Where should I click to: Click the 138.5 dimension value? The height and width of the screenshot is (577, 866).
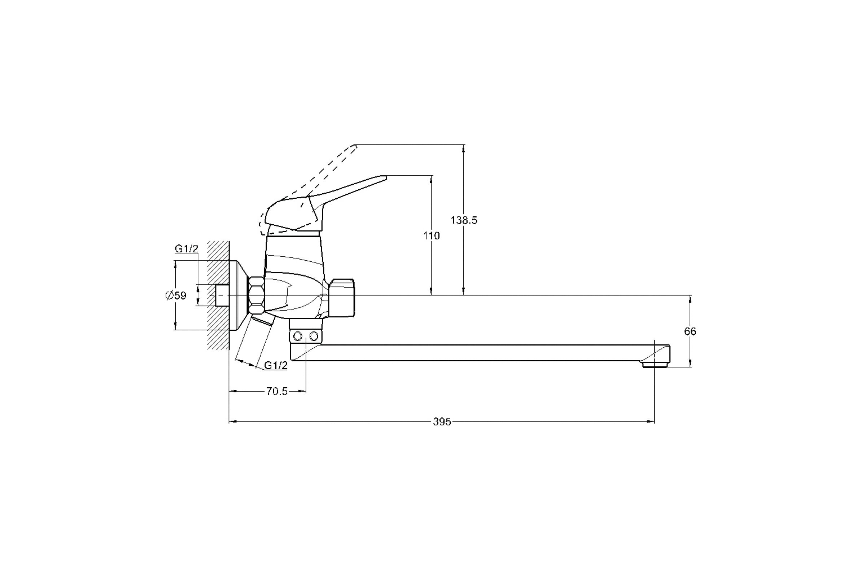click(x=464, y=220)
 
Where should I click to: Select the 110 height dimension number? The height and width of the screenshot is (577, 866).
click(x=431, y=236)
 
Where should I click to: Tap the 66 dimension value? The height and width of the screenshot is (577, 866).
click(x=690, y=331)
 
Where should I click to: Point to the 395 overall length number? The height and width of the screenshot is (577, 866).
click(x=442, y=422)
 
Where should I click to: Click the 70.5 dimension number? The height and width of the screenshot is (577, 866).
click(x=277, y=392)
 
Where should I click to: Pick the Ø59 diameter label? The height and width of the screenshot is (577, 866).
click(x=176, y=295)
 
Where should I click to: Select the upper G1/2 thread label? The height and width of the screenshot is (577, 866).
click(x=186, y=249)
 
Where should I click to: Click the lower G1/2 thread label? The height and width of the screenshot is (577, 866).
click(x=276, y=365)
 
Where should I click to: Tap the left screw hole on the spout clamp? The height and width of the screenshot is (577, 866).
click(x=298, y=336)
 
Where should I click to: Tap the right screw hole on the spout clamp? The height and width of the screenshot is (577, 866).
click(x=314, y=336)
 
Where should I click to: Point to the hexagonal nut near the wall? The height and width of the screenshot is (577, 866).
click(x=257, y=295)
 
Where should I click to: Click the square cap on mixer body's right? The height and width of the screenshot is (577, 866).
click(x=342, y=298)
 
